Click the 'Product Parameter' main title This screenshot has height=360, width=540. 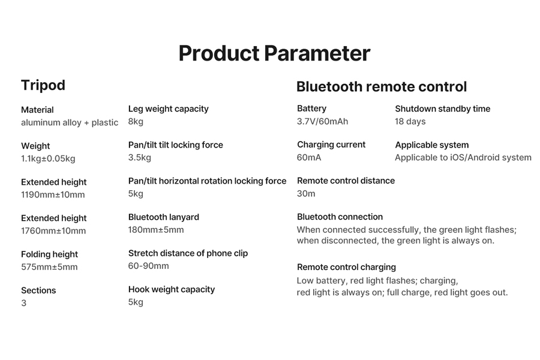(274, 53)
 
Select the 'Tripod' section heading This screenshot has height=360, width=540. (43, 85)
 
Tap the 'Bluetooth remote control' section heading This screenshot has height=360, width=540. (382, 86)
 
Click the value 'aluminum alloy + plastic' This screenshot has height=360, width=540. (70, 122)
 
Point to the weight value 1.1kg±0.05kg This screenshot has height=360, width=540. (48, 158)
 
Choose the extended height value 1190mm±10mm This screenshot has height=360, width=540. (53, 194)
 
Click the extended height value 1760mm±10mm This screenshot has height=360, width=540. (53, 231)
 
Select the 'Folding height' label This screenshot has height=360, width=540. (49, 254)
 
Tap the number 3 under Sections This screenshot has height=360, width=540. (24, 303)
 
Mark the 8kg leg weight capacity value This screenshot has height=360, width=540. (136, 122)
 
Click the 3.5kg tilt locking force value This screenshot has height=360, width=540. (139, 158)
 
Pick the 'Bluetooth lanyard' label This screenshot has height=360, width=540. (164, 217)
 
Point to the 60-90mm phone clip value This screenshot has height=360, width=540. (148, 266)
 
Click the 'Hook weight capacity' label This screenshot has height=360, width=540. (172, 289)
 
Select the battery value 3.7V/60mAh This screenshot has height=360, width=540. (322, 122)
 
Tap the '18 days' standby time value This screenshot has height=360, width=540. (410, 122)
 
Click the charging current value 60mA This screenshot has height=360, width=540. (309, 158)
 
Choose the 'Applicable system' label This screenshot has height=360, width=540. (432, 145)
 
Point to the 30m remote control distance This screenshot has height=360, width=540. (306, 194)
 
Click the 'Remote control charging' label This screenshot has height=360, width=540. (346, 268)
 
